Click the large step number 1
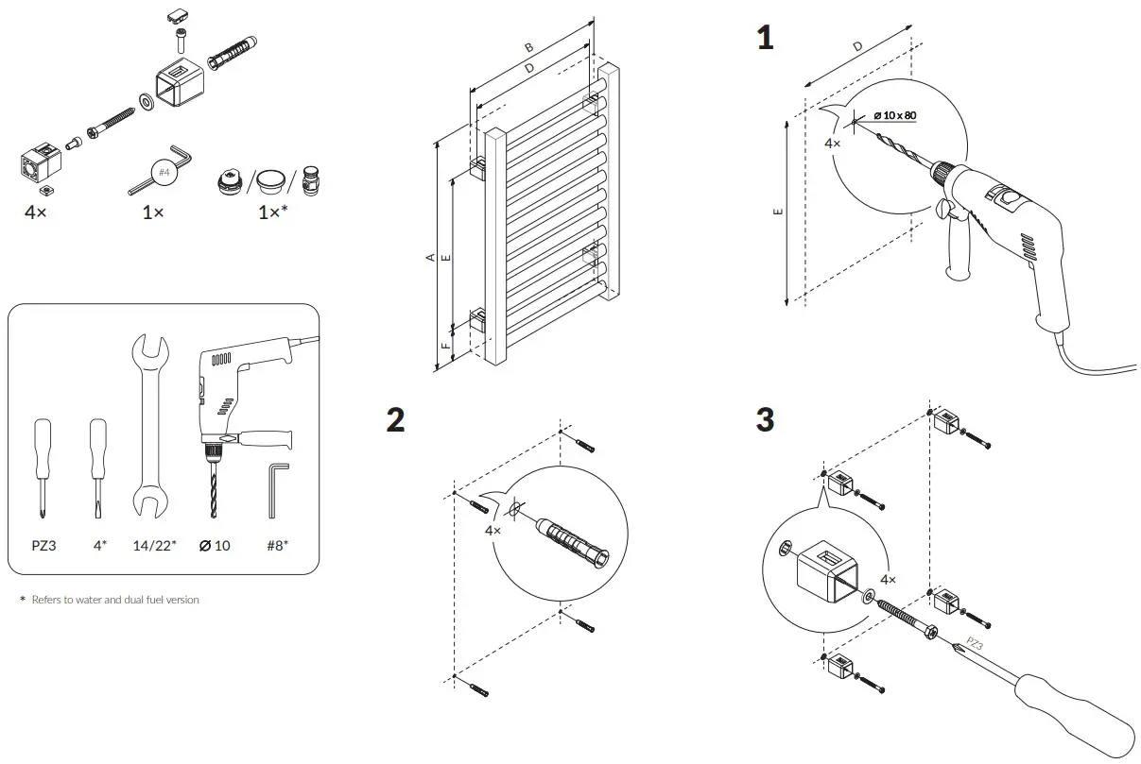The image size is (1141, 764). (x=765, y=38)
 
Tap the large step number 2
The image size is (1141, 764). (x=396, y=420)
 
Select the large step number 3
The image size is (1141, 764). (x=765, y=420)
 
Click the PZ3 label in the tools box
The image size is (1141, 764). (x=43, y=545)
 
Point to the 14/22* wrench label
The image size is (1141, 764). (x=153, y=545)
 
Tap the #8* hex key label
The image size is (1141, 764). (x=276, y=545)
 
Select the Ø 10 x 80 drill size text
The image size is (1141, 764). (x=894, y=115)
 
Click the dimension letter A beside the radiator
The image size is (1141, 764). (x=431, y=257)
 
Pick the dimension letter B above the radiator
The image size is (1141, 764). (x=529, y=47)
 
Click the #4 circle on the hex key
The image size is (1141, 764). (x=164, y=173)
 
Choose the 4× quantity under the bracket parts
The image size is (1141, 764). (x=36, y=212)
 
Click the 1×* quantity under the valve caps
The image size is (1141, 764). (x=273, y=212)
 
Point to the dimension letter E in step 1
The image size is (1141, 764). (x=777, y=212)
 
